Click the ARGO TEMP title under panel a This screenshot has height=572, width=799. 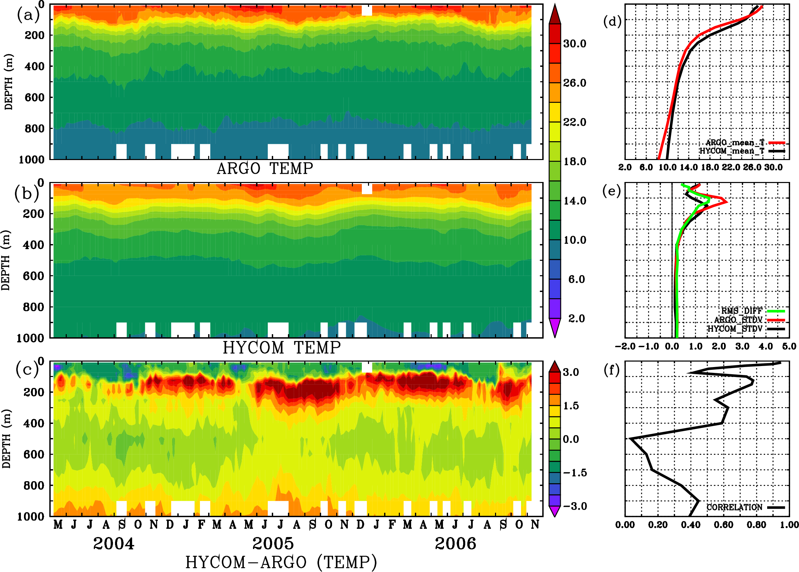(265, 168)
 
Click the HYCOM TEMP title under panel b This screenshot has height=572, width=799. (282, 348)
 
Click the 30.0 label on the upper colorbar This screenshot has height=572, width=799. (574, 44)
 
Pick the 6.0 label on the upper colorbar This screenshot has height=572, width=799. (576, 279)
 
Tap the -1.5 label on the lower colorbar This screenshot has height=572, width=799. (574, 473)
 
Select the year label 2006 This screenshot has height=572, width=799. (456, 544)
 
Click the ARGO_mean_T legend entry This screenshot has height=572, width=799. (735, 143)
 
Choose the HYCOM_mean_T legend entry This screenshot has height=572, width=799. (732, 151)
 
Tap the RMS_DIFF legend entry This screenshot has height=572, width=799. (741, 311)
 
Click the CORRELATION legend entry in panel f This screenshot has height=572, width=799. (734, 507)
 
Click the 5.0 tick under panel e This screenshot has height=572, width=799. (789, 346)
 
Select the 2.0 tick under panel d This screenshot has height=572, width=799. (625, 167)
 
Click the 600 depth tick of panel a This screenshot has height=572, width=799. (35, 97)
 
